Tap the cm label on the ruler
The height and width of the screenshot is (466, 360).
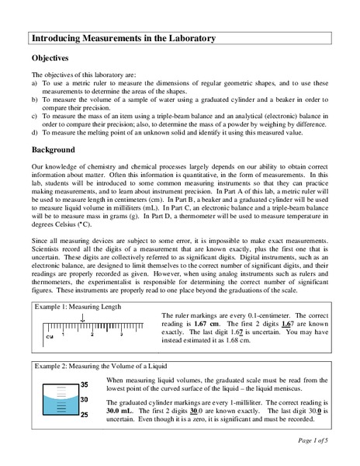click(x=49, y=337)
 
